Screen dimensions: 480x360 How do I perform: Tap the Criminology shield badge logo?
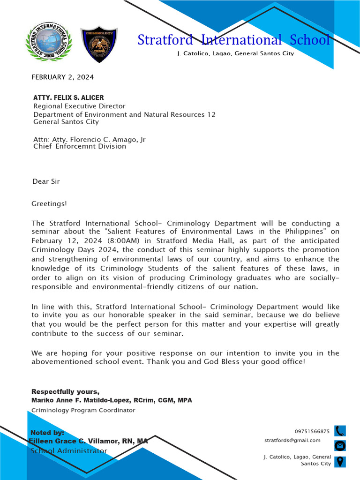[x=99, y=45]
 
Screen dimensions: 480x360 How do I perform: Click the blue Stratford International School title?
[x=233, y=40]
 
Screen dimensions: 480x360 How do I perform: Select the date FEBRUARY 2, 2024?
[x=62, y=77]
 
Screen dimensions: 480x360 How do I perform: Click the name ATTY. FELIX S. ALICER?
[x=68, y=97]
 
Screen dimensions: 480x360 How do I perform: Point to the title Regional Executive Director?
[x=79, y=106]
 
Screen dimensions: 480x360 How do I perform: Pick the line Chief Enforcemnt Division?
[x=80, y=146]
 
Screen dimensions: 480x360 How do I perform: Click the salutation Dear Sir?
[x=46, y=181]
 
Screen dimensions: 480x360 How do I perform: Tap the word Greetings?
[x=49, y=203]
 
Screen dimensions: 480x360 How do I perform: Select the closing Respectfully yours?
[x=65, y=391]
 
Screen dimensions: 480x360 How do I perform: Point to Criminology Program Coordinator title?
[x=83, y=410]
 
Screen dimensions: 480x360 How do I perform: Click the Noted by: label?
[x=47, y=433]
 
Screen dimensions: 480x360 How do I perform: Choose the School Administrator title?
[x=69, y=451]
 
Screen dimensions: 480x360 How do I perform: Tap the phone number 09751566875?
[x=312, y=431]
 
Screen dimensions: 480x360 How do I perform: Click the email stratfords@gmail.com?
[x=292, y=440]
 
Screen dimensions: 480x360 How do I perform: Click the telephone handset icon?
[x=340, y=431]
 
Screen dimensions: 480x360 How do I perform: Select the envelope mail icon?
[x=340, y=445]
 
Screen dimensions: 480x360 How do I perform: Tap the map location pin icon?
[x=340, y=461]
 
